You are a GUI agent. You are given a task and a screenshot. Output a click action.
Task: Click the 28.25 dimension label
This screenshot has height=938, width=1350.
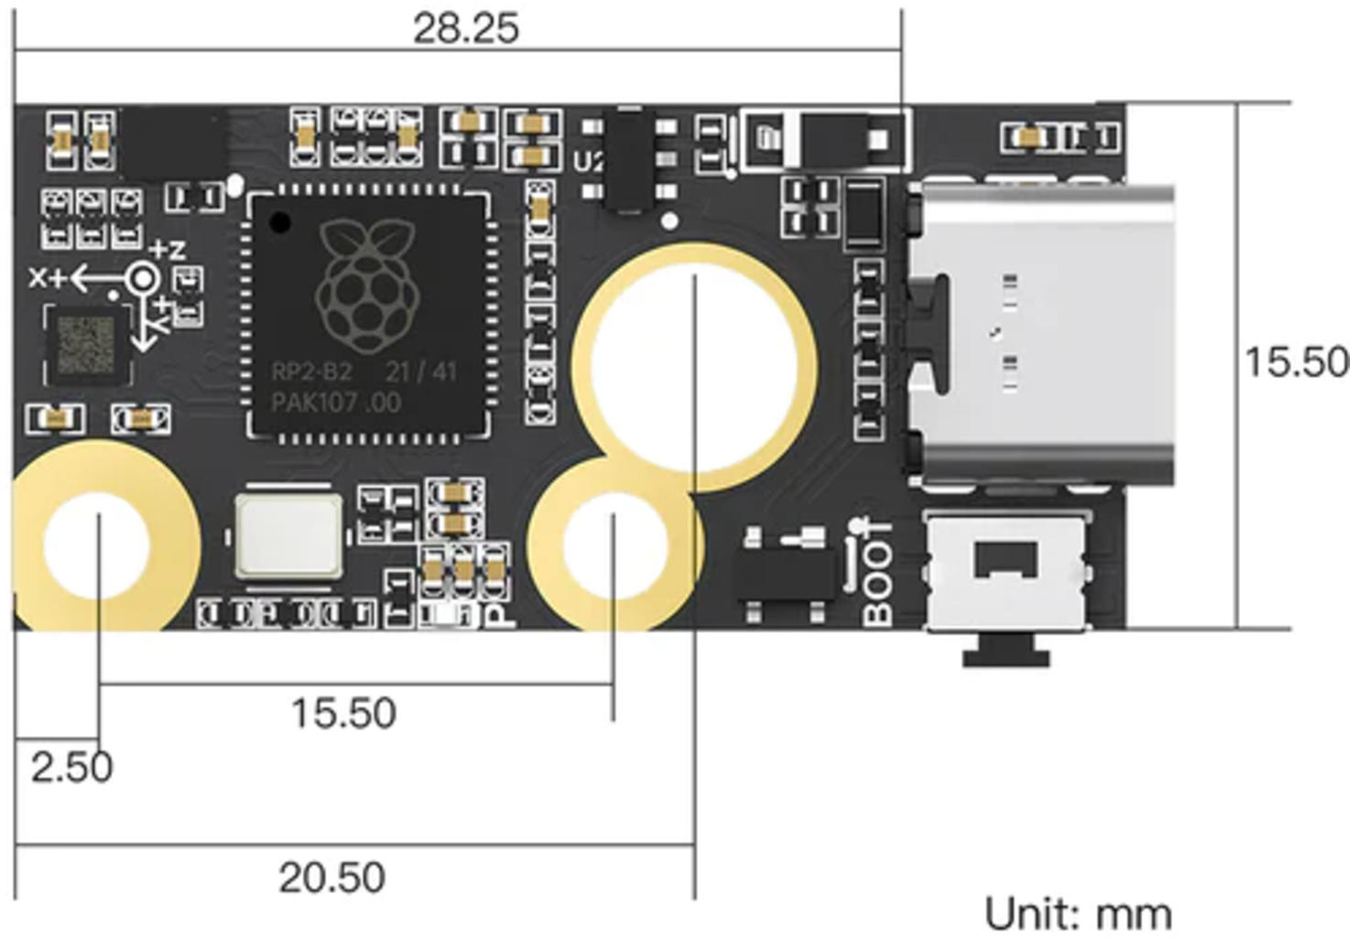click(x=465, y=28)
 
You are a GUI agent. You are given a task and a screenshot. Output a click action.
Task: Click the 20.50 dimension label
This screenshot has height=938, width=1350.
click(x=332, y=878)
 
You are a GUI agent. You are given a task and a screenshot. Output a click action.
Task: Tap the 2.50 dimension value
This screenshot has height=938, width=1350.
click(x=71, y=767)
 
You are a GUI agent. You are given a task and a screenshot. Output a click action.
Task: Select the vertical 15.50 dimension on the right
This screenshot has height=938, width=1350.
click(x=1295, y=362)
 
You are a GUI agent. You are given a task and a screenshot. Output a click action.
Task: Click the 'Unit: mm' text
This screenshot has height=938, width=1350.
click(x=1078, y=914)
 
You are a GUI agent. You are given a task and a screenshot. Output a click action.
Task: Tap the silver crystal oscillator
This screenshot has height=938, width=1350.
click(x=289, y=537)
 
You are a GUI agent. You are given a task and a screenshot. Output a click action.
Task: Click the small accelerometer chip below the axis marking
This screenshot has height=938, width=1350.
click(x=86, y=346)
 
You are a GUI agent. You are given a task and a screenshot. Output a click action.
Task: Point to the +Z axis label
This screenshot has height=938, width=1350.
click(x=168, y=249)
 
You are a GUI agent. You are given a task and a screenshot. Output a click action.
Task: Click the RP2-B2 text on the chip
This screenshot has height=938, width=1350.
click(x=311, y=372)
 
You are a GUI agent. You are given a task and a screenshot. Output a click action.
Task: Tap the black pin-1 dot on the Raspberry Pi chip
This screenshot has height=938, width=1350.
click(x=280, y=222)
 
